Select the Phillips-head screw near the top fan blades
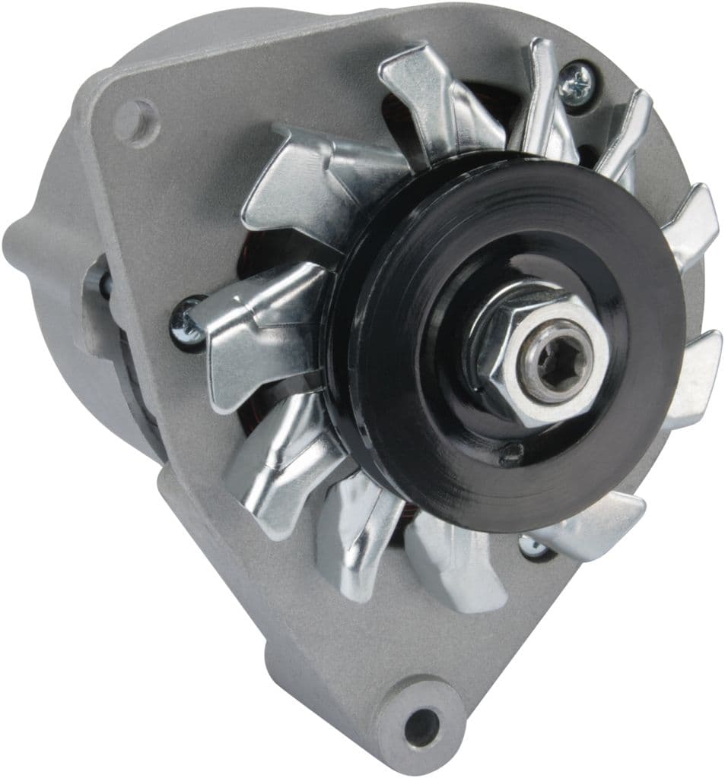pos(575,78)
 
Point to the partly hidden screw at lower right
pos(530,545)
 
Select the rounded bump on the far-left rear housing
pos(23,251)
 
